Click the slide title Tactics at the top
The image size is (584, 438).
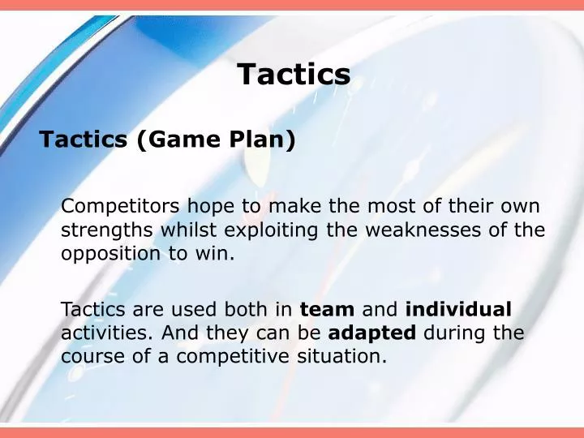click(x=294, y=75)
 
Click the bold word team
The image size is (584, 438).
click(x=327, y=309)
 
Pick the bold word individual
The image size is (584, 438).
click(x=458, y=309)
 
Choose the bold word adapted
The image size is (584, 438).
click(x=371, y=333)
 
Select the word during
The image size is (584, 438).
click(x=458, y=333)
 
